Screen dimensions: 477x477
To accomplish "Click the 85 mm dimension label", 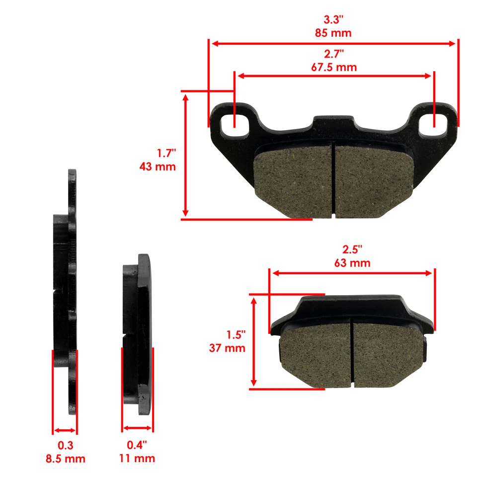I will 333,33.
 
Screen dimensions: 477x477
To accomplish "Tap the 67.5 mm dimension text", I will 334,67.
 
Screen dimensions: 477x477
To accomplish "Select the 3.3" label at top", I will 333,20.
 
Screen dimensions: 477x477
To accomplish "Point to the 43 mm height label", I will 158,166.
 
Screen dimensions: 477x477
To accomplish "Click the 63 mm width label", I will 352,263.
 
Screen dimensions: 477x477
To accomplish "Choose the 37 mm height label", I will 227,348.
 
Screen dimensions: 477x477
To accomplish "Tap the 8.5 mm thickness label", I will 66,459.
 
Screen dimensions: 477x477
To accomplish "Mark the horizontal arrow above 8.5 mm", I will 65,430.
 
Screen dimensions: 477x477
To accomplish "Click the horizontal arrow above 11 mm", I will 138,427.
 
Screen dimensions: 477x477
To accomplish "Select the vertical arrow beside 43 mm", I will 186,155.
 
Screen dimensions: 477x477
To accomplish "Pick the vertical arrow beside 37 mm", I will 254,341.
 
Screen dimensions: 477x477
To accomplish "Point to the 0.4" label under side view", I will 138,445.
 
